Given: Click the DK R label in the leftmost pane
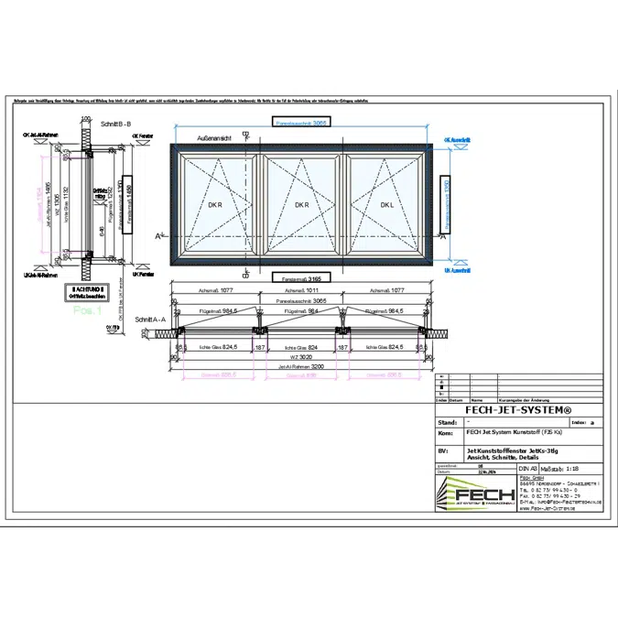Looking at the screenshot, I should pyautogui.click(x=214, y=204).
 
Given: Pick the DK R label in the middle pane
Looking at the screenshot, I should pyautogui.click(x=302, y=204).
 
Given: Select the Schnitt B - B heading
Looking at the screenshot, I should pyautogui.click(x=117, y=123).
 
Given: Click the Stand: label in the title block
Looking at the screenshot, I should pyautogui.click(x=449, y=422).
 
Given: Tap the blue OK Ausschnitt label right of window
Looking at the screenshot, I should pyautogui.click(x=457, y=141).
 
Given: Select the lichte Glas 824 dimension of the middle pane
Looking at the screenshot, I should pyautogui.click(x=301, y=347).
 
